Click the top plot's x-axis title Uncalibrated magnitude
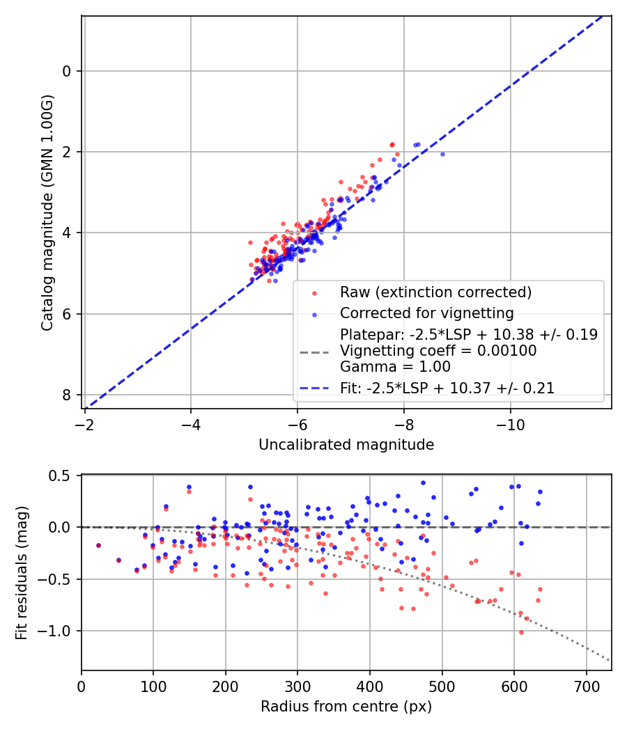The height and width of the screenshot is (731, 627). pyautogui.click(x=346, y=445)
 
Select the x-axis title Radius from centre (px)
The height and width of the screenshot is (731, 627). pyautogui.click(x=346, y=707)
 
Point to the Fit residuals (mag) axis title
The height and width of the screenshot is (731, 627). pyautogui.click(x=22, y=572)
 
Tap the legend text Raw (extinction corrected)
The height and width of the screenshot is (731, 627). pyautogui.click(x=435, y=292)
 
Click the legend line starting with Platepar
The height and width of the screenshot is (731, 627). pyautogui.click(x=468, y=334)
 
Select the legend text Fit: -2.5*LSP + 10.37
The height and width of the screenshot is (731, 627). pyautogui.click(x=447, y=388)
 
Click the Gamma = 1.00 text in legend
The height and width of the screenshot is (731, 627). pyautogui.click(x=395, y=367)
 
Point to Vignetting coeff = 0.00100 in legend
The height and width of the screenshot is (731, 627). pyautogui.click(x=438, y=351)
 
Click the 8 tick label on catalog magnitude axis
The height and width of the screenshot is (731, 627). pyautogui.click(x=68, y=395)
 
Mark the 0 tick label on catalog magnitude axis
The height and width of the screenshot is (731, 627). pyautogui.click(x=68, y=71)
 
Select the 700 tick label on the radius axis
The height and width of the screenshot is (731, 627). pyautogui.click(x=586, y=686)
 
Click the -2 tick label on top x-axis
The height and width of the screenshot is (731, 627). pyautogui.click(x=85, y=424)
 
